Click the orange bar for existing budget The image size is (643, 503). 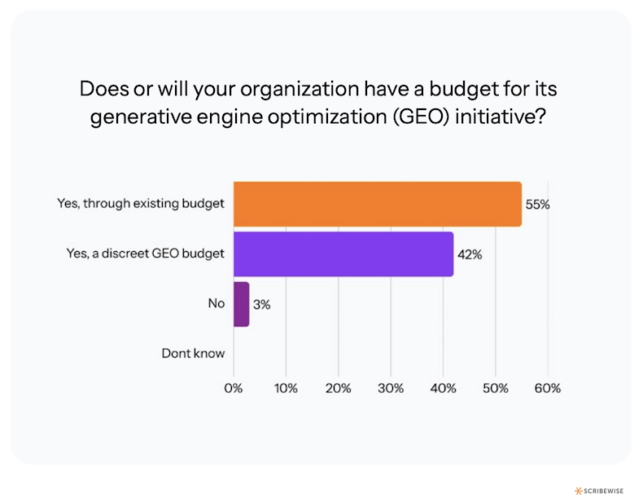click(377, 204)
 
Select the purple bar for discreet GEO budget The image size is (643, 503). click(343, 254)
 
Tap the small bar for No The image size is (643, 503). click(241, 304)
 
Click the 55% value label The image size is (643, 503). click(537, 205)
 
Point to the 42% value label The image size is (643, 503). click(470, 254)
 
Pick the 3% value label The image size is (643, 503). click(260, 304)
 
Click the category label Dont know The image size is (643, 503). click(192, 354)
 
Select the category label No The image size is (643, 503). click(216, 303)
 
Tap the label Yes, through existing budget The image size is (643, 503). click(140, 204)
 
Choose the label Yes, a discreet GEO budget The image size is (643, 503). click(145, 254)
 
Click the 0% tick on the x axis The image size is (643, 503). click(234, 388)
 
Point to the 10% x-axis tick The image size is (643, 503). click(286, 388)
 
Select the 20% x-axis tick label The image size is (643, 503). click(338, 388)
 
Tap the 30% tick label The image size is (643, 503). click(391, 388)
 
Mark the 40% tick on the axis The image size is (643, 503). click(443, 388)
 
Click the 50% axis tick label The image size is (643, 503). click(495, 388)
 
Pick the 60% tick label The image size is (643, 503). click(548, 388)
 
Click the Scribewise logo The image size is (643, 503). click(603, 490)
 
